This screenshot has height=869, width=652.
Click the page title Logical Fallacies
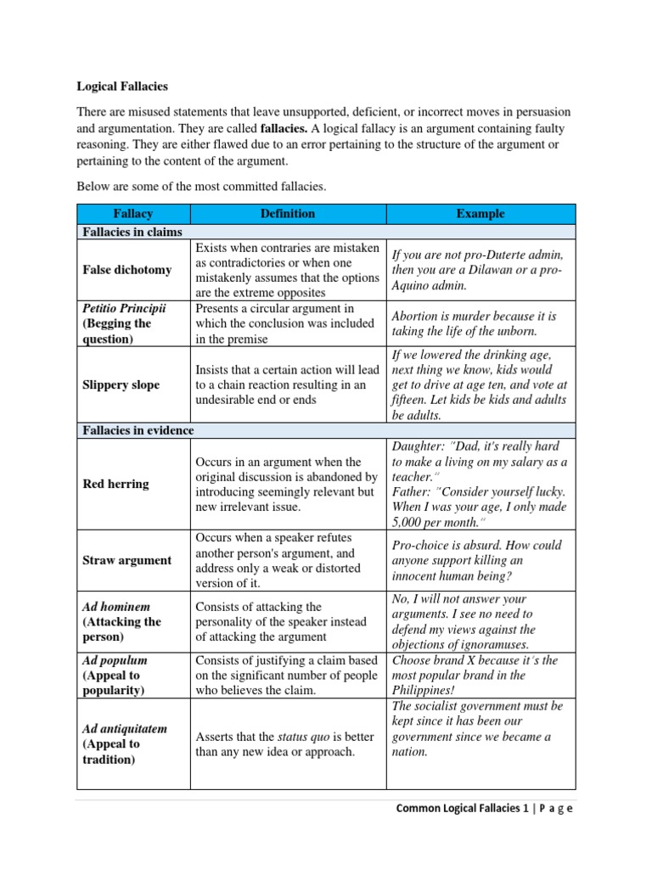[122, 86]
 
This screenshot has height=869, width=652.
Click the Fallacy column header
[132, 214]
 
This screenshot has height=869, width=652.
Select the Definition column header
[288, 214]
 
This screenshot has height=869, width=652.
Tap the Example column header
[481, 214]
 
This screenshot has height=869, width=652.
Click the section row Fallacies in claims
[132, 232]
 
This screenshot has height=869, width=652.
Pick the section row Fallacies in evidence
[138, 430]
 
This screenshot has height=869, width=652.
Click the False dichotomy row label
[126, 270]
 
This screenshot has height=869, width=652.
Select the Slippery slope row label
[121, 384]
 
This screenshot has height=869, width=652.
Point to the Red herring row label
[115, 484]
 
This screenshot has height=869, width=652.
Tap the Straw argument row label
[126, 560]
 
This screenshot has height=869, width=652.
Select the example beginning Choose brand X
[474, 676]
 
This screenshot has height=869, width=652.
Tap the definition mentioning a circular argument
[284, 323]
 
